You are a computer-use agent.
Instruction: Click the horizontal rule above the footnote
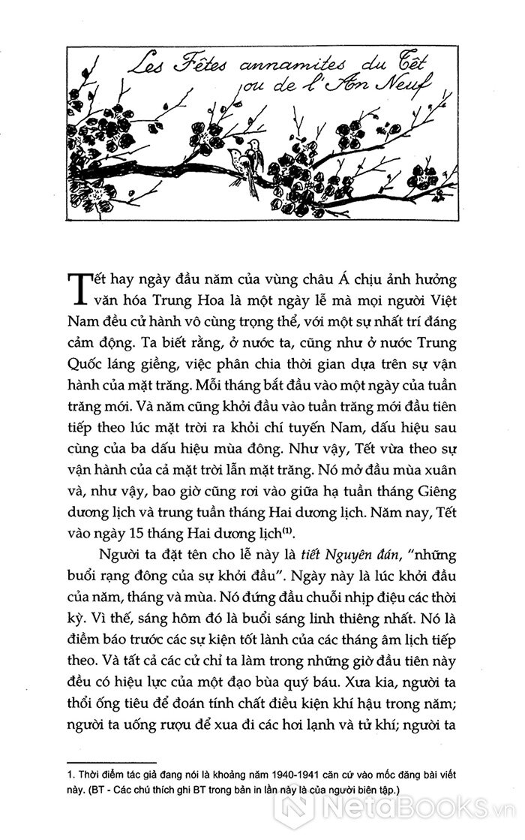[x=112, y=760]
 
